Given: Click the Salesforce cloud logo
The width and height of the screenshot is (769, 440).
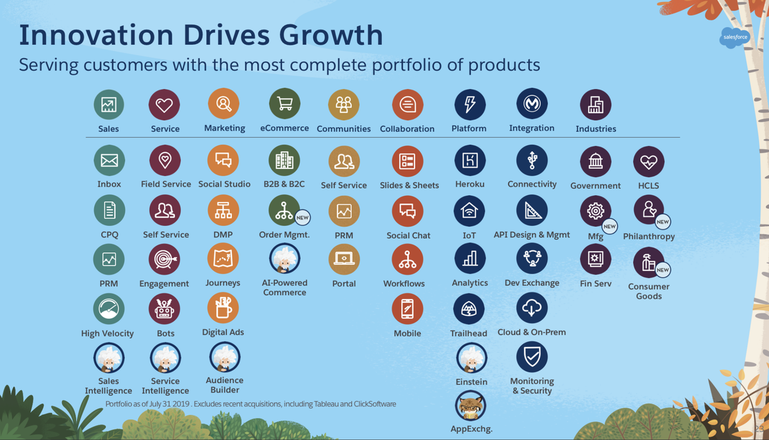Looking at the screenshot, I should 734,37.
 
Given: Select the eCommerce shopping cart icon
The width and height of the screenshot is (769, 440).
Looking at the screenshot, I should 285,104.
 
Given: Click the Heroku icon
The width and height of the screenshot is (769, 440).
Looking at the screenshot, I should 470,161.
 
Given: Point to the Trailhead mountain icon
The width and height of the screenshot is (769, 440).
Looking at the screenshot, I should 468,310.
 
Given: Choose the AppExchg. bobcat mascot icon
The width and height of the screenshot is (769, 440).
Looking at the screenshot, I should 470,405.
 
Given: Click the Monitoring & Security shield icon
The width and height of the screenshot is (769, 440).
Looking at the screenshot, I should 531,357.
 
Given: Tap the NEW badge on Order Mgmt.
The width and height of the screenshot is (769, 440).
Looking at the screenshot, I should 302,218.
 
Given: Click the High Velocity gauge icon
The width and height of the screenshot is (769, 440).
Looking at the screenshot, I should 108,309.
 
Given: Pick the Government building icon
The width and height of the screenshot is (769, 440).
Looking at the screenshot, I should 595,161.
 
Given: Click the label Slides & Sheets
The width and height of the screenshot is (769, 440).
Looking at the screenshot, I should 409,185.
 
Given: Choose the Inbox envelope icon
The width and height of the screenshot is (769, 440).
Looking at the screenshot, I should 109,161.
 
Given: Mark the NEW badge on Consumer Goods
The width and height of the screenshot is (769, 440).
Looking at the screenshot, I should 663,270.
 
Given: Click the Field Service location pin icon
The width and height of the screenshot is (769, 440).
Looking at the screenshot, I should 165,160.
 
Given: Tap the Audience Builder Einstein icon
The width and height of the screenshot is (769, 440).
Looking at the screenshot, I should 224,357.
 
